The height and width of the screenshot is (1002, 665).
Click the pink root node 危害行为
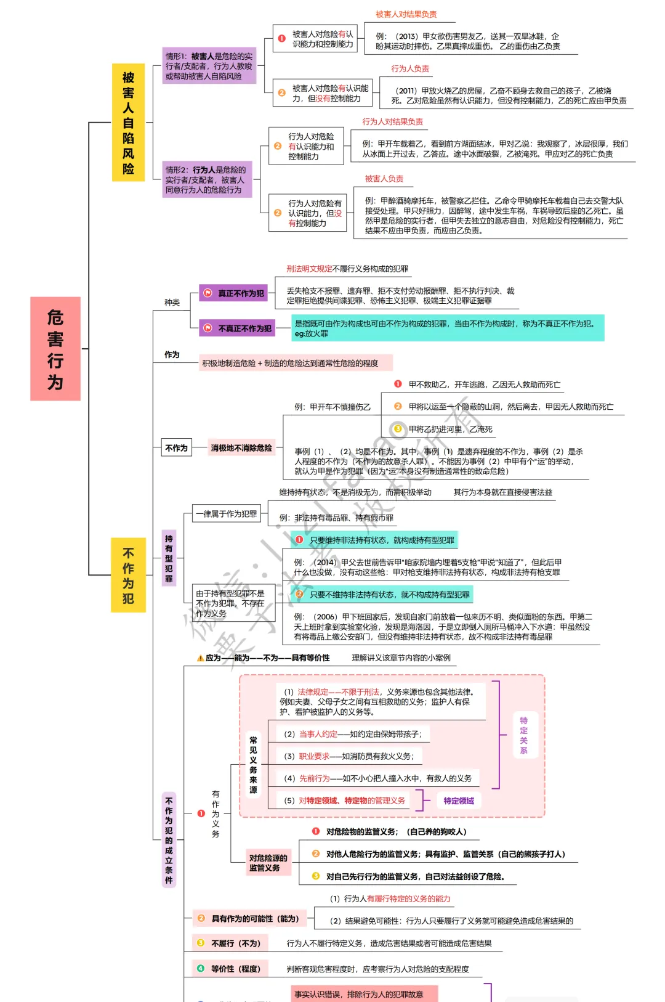pos(55,349)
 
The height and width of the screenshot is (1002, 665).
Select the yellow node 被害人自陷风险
pos(128,123)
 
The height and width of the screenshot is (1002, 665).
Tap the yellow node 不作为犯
pos(128,575)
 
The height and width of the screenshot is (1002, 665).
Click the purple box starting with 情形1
pos(209,66)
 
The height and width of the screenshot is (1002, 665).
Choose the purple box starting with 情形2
pos(207,179)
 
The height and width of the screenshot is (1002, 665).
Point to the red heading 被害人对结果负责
pos(406,14)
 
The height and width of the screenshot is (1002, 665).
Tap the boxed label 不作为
pos(176,448)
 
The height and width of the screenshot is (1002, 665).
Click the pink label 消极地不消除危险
pos(241,448)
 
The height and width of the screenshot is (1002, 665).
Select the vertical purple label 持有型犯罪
pos(169,558)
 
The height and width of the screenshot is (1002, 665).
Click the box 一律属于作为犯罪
pos(226,513)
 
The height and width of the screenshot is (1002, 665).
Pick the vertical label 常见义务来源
pos(253,764)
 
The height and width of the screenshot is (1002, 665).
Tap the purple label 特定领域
pos(459,800)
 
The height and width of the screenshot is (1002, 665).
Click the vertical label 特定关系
pos(523,735)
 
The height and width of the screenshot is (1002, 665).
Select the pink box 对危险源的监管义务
pos(268,863)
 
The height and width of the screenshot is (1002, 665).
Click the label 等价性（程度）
pos(235,969)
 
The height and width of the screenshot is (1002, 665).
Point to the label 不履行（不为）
pos(235,943)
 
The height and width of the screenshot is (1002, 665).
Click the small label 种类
pos(172,303)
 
